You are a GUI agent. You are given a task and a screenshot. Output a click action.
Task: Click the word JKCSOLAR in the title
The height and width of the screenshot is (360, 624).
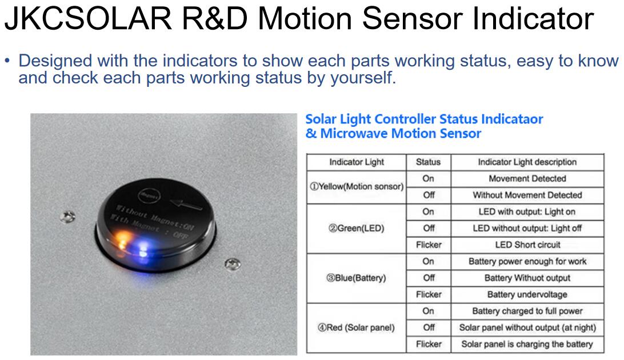[x=89, y=18]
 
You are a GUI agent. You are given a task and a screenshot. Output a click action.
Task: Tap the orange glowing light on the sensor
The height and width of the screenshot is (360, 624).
[x=123, y=239]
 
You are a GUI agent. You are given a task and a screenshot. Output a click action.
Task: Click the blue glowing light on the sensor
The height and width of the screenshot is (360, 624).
[x=142, y=249]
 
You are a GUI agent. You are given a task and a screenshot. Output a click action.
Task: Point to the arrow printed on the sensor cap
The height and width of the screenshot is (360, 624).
[x=186, y=204]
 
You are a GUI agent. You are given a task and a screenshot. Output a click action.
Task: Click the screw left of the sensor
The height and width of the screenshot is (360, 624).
[x=67, y=217]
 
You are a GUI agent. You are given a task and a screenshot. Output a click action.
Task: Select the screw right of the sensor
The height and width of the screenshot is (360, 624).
[x=233, y=264]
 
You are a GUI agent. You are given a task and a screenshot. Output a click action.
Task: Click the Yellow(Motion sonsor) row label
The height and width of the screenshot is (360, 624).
[x=357, y=186]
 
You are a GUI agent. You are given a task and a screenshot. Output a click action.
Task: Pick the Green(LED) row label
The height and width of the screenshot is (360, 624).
[x=357, y=229]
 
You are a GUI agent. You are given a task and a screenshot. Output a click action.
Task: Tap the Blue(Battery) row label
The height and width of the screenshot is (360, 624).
[x=356, y=278]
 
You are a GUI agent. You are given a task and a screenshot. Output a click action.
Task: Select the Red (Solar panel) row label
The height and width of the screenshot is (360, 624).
[x=356, y=328]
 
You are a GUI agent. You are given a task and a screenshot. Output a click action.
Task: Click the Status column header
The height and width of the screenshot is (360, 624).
[x=428, y=162]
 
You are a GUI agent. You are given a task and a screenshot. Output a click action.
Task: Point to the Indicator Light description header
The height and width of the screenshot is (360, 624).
[x=527, y=162]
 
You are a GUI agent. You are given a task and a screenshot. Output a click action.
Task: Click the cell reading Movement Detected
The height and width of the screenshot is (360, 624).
[x=527, y=179]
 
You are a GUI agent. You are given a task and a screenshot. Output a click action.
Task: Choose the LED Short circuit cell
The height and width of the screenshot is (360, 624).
[x=527, y=245]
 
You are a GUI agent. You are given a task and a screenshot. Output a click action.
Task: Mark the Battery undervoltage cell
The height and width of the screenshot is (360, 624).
[x=527, y=295]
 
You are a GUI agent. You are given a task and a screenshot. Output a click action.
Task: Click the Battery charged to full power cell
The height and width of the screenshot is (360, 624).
[x=527, y=311]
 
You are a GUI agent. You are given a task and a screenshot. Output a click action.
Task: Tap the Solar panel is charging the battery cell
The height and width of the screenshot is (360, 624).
[x=527, y=344]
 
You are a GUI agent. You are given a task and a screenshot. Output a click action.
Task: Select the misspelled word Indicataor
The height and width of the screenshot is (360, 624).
[x=512, y=119]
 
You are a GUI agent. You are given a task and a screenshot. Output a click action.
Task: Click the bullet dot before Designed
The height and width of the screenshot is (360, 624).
[x=7, y=61]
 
